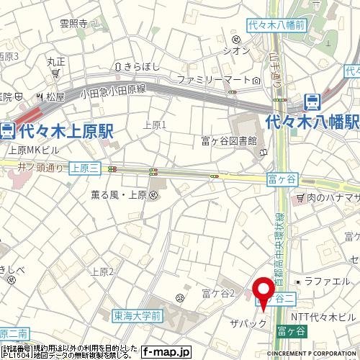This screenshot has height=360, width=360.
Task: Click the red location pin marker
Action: coord(263,292)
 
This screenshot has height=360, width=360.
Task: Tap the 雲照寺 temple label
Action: coord(73,23)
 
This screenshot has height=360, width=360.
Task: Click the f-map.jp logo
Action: coord(165,352)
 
